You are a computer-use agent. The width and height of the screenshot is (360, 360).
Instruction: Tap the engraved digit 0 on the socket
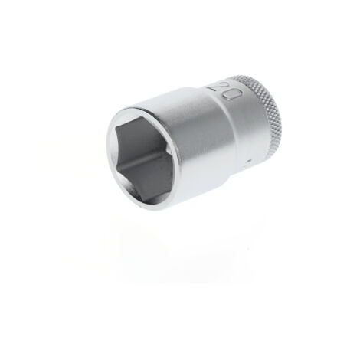point(232,95)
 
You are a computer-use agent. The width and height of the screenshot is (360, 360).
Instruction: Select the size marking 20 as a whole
point(224,90)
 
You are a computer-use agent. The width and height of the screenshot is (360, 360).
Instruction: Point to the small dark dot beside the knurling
point(249,161)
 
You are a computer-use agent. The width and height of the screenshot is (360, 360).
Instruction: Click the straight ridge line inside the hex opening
point(146,159)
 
